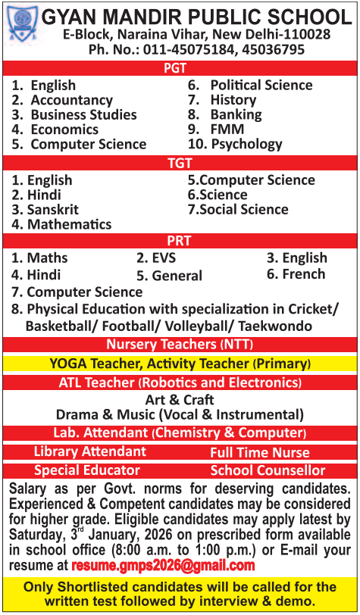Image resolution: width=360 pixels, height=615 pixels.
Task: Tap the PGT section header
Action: pyautogui.click(x=180, y=69)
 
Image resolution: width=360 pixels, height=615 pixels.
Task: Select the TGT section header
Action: pyautogui.click(x=180, y=162)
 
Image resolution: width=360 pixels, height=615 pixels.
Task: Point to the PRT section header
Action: pyautogui.click(x=180, y=240)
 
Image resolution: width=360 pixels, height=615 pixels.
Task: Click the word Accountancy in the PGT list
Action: pyautogui.click(x=71, y=100)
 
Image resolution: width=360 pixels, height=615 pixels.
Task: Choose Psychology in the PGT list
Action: pyautogui.click(x=246, y=144)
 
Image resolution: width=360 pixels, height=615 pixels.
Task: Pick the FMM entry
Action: pyautogui.click(x=227, y=130)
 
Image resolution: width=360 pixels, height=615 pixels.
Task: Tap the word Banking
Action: pyautogui.click(x=236, y=115)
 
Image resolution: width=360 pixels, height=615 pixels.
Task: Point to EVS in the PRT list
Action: pyautogui.click(x=164, y=259)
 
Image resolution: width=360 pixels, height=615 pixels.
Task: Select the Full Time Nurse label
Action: pyautogui.click(x=260, y=453)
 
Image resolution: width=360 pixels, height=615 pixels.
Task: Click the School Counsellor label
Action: pyautogui.click(x=268, y=470)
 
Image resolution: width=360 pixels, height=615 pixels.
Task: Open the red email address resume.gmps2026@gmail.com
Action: pyautogui.click(x=163, y=566)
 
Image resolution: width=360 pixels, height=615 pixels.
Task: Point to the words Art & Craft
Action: pyautogui.click(x=180, y=399)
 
